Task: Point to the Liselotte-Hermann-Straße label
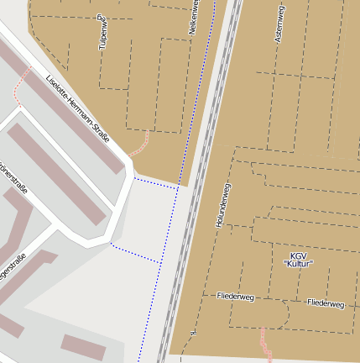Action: (x=78, y=108)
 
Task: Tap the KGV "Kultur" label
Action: (x=299, y=259)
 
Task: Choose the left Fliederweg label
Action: (x=235, y=297)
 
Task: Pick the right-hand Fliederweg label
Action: (x=326, y=302)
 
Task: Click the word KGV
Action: (x=299, y=255)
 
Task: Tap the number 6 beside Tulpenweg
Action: (x=100, y=16)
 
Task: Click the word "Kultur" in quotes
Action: (x=299, y=264)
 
